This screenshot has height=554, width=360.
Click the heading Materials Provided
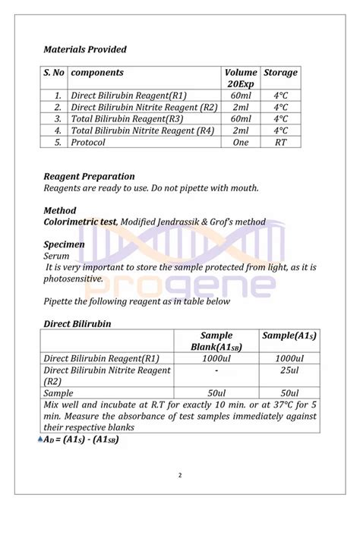point(85,49)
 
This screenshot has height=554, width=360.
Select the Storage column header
point(280,73)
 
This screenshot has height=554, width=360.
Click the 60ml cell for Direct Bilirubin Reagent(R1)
point(241,96)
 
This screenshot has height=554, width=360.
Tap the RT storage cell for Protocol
point(280,142)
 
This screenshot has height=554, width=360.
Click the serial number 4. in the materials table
point(57,131)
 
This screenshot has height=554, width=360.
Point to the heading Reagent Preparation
point(89,176)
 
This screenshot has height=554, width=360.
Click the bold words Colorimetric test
point(80,222)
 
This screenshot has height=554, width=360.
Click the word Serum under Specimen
point(57,257)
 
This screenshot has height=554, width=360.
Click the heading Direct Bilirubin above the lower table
point(77,323)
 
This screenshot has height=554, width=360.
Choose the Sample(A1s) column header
point(289,335)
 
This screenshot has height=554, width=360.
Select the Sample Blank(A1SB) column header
point(216,341)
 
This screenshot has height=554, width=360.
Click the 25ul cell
point(289,370)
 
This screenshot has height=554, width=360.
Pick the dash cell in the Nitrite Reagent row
point(216,370)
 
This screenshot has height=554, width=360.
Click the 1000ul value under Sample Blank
point(216,358)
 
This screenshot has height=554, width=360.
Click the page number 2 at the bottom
point(180,476)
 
